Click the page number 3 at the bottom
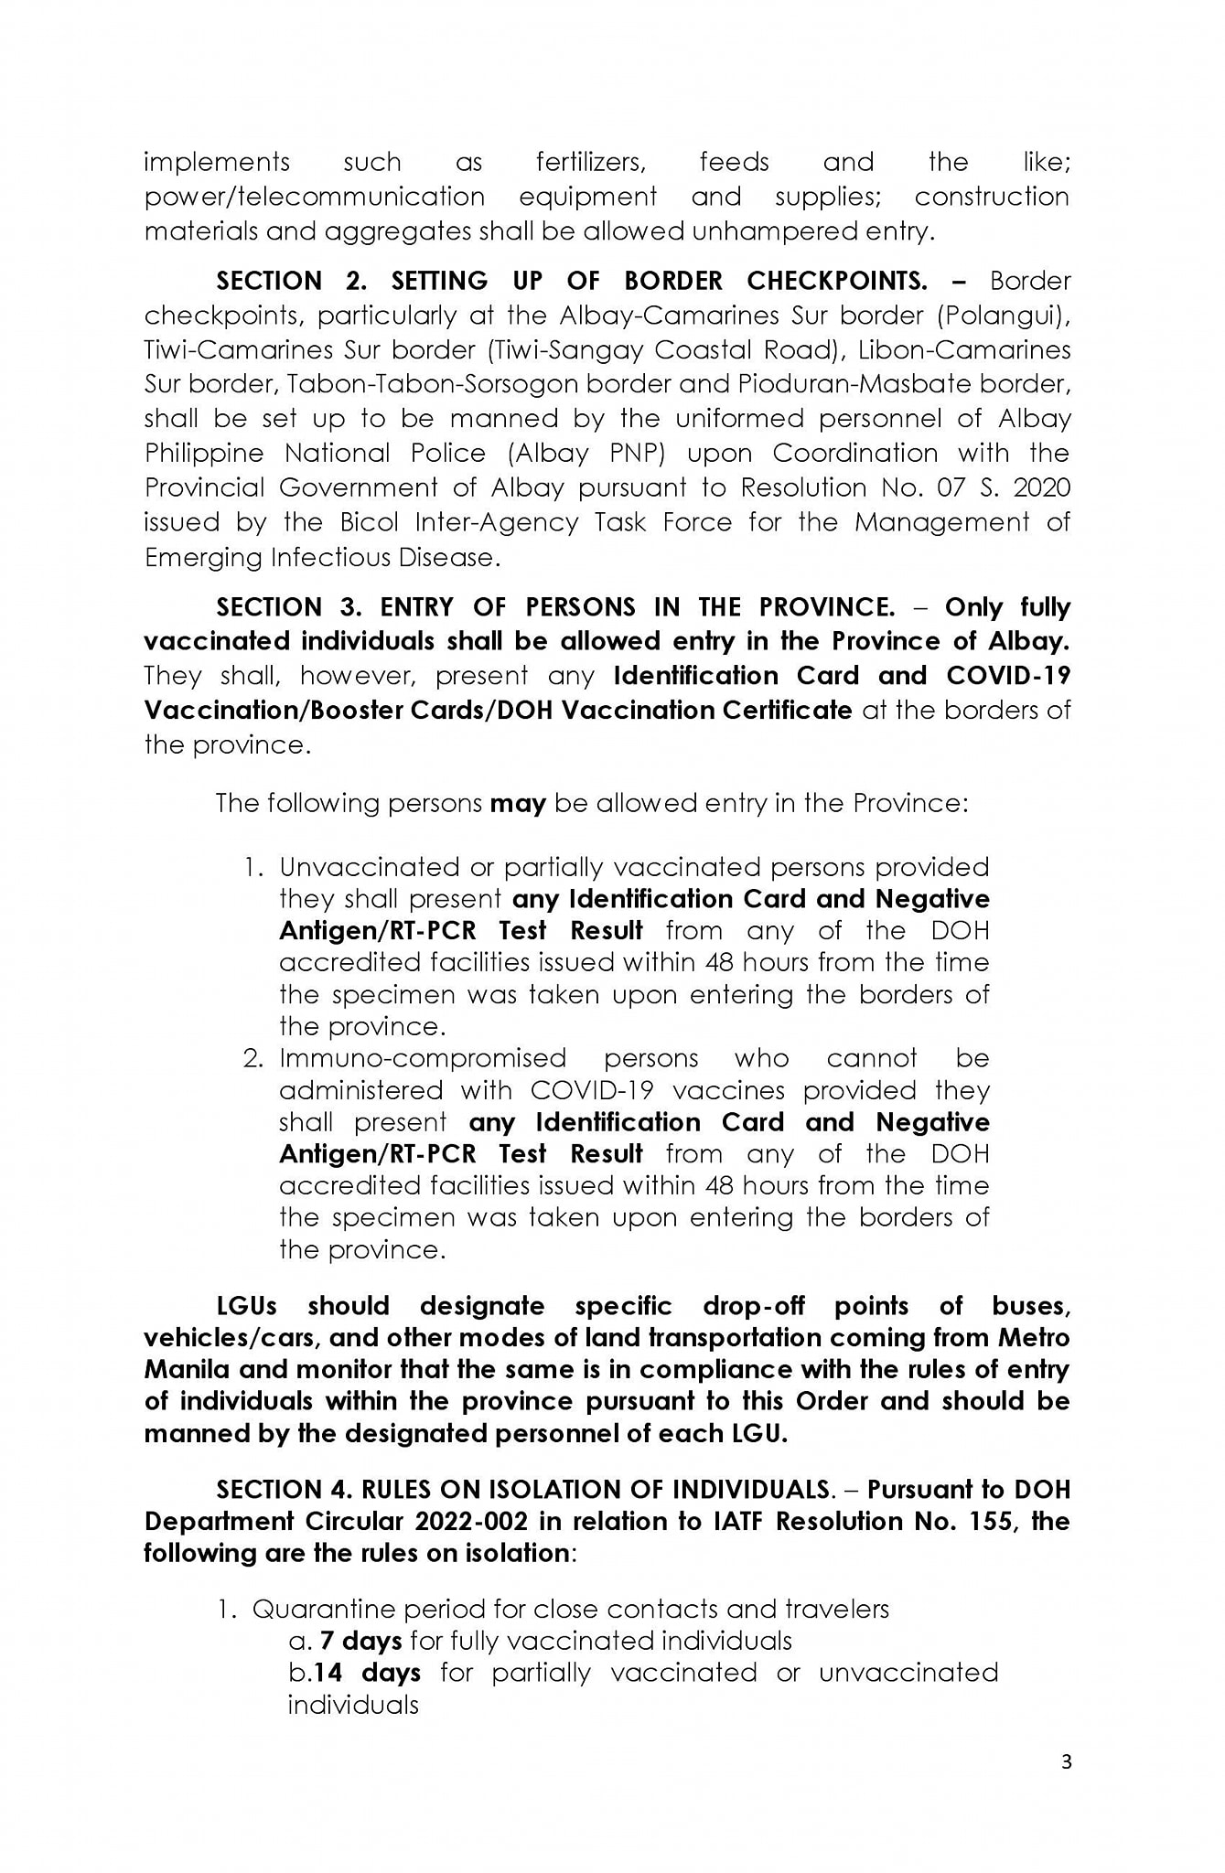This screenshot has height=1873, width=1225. point(1066,1788)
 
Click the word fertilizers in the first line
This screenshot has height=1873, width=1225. point(591,163)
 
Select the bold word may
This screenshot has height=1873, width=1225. point(518,803)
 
